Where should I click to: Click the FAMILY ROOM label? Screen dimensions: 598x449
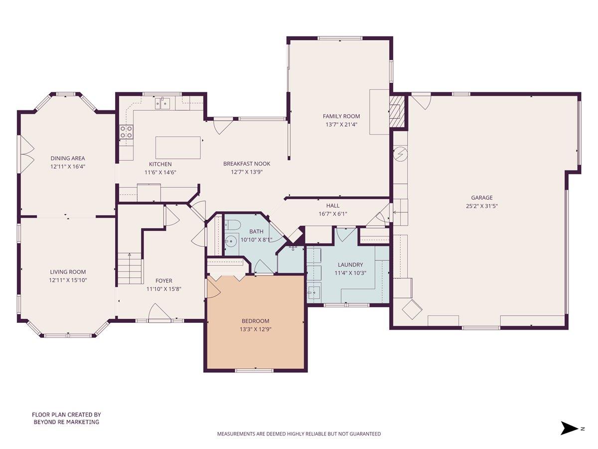coord(341,116)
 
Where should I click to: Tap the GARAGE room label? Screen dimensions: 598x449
coord(482,198)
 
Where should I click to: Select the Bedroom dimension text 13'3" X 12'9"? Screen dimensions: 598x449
coord(255,329)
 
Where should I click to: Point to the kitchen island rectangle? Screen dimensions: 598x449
coord(178,148)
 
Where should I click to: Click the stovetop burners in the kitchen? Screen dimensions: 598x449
coord(127,132)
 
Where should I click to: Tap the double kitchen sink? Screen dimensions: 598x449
coord(162,104)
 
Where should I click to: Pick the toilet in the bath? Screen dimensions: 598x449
coord(232,225)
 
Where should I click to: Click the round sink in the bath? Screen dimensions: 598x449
coord(231,241)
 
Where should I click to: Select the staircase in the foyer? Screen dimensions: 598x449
coord(130,268)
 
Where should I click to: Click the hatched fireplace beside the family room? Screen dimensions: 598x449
coord(396,111)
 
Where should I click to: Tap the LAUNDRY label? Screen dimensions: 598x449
coord(350,265)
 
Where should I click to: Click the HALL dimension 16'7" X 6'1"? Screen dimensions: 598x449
coord(333,214)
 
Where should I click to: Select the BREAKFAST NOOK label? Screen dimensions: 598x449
coord(247,164)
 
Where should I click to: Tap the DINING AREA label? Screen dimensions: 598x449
coord(68,158)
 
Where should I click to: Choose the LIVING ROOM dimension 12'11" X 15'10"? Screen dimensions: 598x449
coord(68,280)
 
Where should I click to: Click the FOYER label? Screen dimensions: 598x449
coord(164,280)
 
